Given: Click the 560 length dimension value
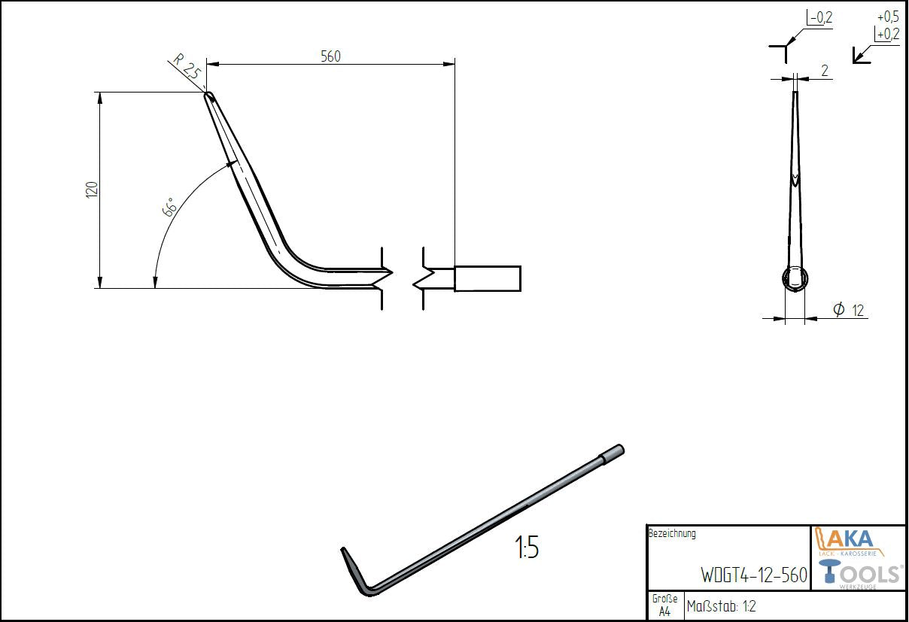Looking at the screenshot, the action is [x=330, y=56].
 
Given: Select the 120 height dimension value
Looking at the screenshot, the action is [x=93, y=190].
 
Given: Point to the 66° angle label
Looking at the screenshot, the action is [x=169, y=207].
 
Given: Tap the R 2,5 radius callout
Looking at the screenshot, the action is [x=187, y=67].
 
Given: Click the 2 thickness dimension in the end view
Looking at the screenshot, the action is [x=825, y=71].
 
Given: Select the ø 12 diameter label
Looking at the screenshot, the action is [x=848, y=310].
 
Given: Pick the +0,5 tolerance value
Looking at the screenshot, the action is [x=888, y=17].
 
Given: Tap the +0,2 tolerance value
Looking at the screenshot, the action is [x=888, y=34].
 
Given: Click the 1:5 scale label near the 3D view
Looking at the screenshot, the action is [x=527, y=548].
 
